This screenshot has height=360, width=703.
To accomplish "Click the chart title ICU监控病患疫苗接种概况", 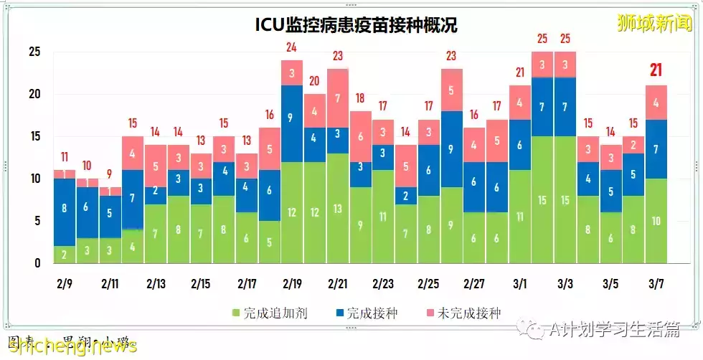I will point(357,25).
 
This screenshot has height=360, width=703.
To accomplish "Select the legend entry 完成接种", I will point(365,313).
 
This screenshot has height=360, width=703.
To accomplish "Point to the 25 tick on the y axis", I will point(34,52).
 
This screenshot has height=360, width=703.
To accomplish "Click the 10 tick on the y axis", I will point(34,179).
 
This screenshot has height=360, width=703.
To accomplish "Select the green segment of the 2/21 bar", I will point(338,208).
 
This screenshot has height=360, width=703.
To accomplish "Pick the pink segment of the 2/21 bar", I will point(338,98).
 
